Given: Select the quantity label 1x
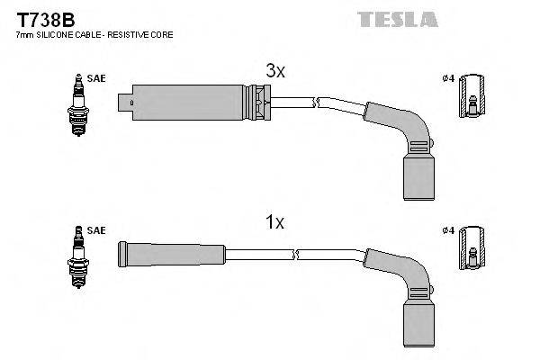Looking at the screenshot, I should pos(275,222).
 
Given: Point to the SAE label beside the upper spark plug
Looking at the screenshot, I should pos(97,78).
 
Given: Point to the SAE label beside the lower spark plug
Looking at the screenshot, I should pos(97,231).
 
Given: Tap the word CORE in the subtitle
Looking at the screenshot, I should pos(162,34).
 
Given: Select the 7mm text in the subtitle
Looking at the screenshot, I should pos(23,34).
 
